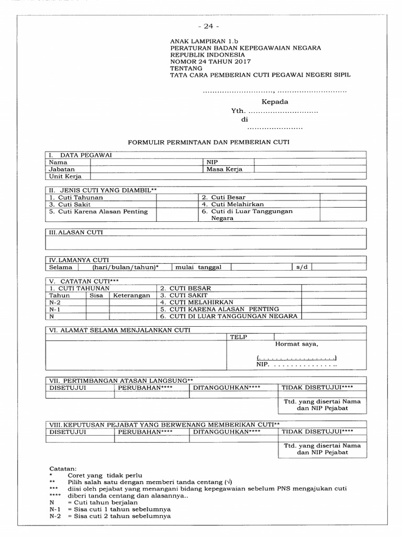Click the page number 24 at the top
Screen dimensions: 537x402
pos(208,26)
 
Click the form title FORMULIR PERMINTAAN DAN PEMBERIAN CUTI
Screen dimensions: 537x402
pos(209,142)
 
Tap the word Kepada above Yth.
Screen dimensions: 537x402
pos(275,102)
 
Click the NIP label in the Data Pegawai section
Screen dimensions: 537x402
pos(212,163)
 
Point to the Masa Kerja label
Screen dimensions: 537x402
pos(224,169)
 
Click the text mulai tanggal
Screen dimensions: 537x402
pos(198,267)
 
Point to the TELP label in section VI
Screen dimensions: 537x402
pos(238,337)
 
